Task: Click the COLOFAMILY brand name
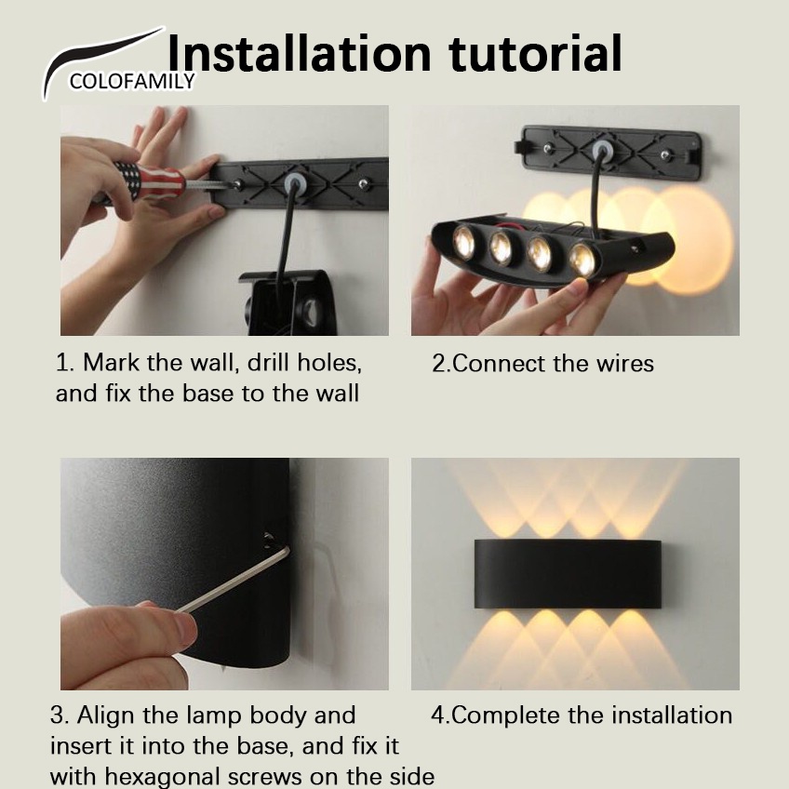(132, 81)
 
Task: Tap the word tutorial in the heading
(535, 53)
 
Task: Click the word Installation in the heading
(300, 53)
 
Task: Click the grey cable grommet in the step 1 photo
(294, 184)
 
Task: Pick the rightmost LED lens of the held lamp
(582, 260)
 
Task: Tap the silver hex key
(234, 580)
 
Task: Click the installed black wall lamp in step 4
(568, 574)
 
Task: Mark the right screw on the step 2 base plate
(666, 154)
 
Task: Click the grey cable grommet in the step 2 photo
(600, 150)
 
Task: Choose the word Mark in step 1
(112, 362)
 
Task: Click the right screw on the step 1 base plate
(364, 184)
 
